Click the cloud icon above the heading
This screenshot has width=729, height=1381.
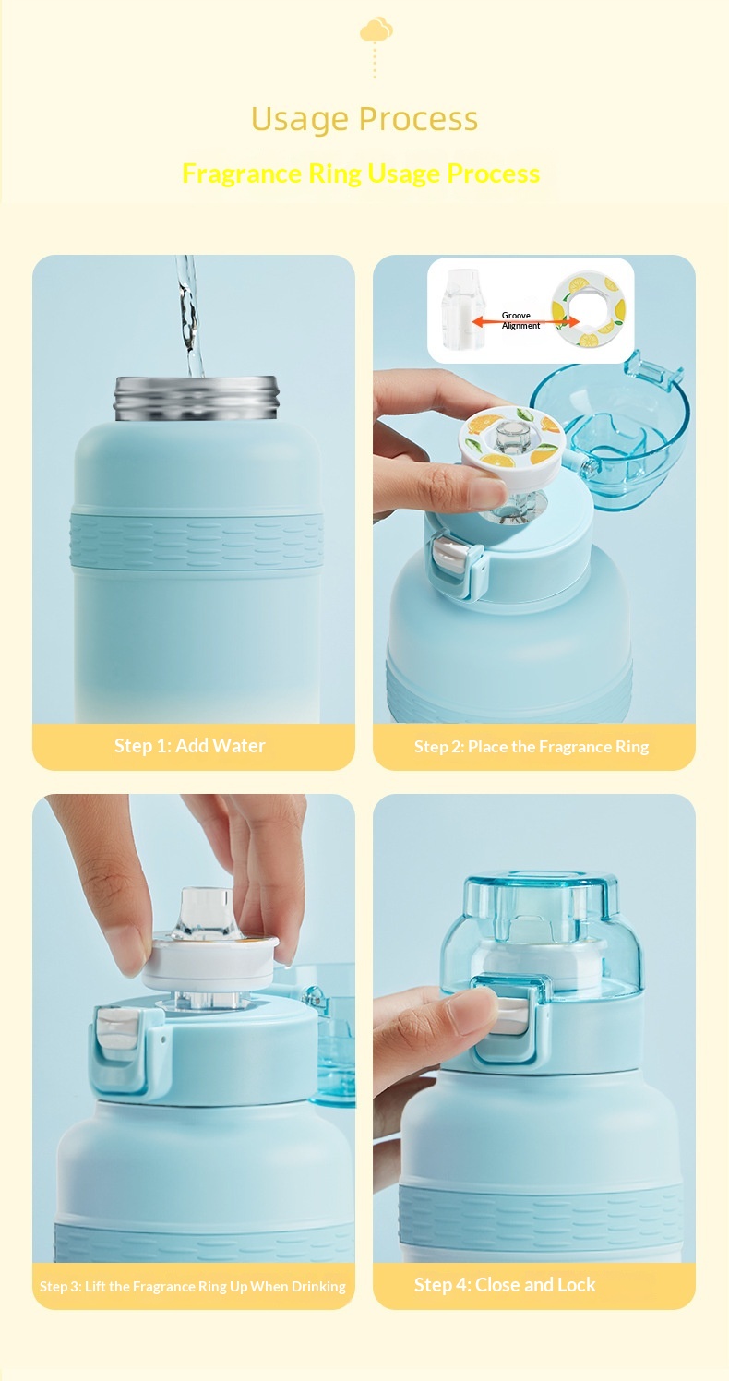pos(376,30)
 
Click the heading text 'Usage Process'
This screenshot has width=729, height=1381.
pos(364,119)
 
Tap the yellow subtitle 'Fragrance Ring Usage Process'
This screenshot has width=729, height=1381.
pos(361,174)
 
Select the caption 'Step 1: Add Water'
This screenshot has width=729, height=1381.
pos(190,745)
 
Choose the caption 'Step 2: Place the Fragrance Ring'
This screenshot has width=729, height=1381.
pos(532,747)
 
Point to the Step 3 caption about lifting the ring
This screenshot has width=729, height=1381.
pos(192,1286)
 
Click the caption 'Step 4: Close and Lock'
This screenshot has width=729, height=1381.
pos(505,1285)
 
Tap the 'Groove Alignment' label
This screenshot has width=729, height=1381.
pos(520,320)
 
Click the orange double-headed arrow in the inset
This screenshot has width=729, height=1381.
pos(526,321)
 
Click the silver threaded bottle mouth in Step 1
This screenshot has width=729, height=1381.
pos(197,398)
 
